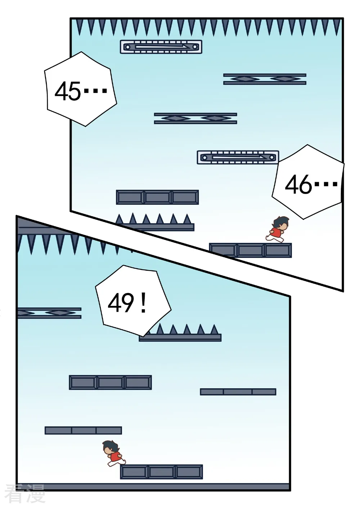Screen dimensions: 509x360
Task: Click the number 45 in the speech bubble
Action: [68, 91]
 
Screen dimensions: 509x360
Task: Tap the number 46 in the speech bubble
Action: [298, 185]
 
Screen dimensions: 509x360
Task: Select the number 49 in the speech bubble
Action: [121, 303]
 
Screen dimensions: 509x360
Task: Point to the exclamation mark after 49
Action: [143, 303]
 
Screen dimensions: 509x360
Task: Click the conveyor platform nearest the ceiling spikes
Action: [161, 47]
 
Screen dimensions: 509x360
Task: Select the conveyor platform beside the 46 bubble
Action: [238, 157]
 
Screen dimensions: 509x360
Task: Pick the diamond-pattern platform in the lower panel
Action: [49, 313]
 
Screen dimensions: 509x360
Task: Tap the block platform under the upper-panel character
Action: [251, 250]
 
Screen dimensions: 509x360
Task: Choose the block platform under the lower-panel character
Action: [161, 472]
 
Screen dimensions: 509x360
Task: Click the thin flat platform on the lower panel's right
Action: [238, 392]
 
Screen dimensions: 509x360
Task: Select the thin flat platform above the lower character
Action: [83, 430]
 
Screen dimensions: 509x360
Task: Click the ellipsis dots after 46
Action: [326, 184]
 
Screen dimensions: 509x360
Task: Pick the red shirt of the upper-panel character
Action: [276, 232]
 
